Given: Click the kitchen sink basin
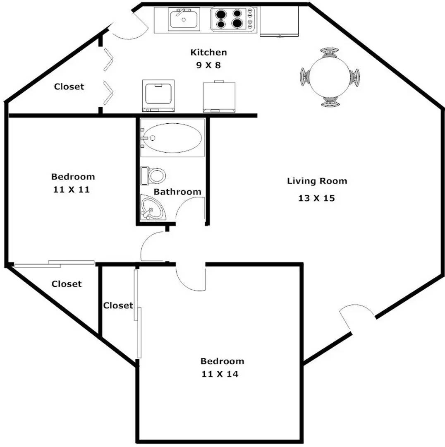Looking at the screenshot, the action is [184, 19].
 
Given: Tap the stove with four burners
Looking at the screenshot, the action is [232, 19].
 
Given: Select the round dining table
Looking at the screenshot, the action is [330, 77].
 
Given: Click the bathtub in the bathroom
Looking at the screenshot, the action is [172, 138].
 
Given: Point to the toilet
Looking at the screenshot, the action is [153, 175].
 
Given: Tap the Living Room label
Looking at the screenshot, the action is [317, 181].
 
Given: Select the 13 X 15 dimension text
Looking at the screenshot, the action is [316, 198].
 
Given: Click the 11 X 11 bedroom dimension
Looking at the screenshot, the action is [72, 190].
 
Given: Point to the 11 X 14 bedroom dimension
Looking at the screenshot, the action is [220, 374].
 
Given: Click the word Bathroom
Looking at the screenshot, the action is [177, 192].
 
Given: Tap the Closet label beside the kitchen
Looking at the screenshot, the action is [69, 87].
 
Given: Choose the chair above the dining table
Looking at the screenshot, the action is [329, 52].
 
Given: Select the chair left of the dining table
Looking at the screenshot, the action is [305, 77].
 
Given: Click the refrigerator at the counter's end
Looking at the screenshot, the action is [279, 22].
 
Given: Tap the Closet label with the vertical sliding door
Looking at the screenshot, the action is [118, 305].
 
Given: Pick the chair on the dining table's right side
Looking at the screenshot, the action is [355, 77].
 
